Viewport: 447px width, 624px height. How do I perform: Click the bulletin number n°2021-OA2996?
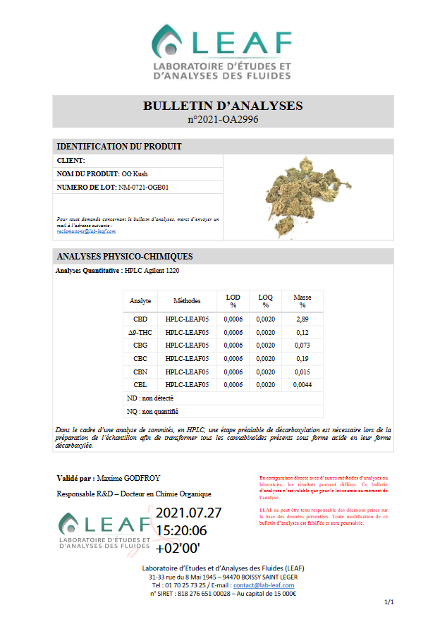click(223, 120)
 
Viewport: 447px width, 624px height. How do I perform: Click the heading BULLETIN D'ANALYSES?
click(223, 106)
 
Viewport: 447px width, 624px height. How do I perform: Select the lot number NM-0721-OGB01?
click(144, 188)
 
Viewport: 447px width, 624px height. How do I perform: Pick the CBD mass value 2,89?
click(302, 319)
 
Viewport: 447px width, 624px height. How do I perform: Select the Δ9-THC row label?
click(140, 332)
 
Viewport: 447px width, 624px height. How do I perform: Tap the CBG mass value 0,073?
click(302, 345)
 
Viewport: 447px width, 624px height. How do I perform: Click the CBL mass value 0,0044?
click(302, 384)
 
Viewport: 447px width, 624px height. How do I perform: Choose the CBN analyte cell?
click(140, 372)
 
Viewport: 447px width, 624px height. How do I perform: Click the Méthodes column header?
click(187, 301)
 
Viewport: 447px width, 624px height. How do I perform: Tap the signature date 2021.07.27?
click(189, 513)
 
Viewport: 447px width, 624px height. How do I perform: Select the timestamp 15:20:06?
click(181, 530)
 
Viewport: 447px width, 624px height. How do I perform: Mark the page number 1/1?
click(388, 603)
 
